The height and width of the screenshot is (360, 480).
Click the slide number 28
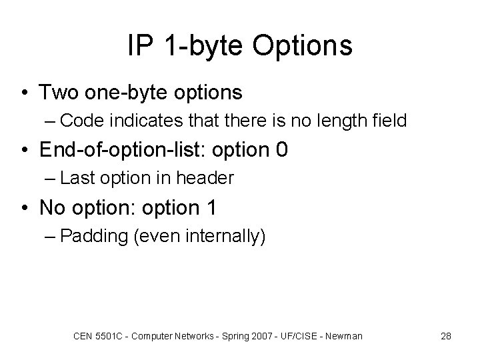tap(446, 336)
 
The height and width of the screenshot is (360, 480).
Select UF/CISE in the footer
tap(303, 336)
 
